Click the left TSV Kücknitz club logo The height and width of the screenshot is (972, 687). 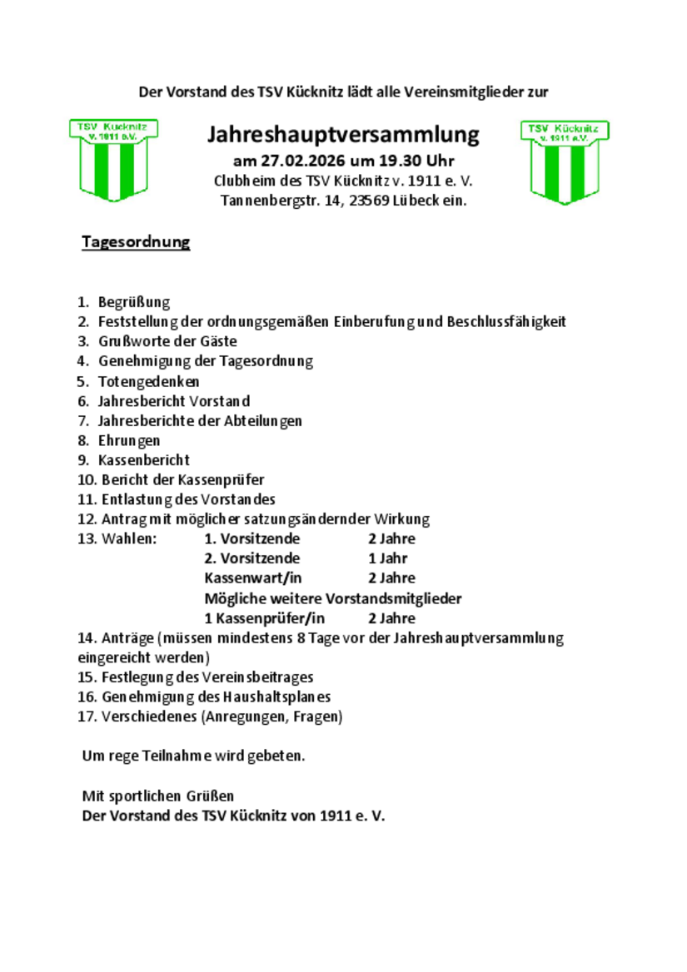point(112,160)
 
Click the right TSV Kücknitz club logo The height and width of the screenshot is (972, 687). point(565,161)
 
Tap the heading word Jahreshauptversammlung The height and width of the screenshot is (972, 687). point(343,134)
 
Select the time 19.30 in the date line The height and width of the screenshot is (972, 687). point(391,161)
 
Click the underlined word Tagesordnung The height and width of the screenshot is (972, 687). point(136,242)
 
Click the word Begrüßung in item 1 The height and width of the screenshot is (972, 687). point(134,302)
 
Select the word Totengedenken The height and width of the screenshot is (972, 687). point(148,381)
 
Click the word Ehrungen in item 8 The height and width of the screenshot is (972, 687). point(129,440)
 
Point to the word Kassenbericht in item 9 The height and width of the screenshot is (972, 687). point(144,460)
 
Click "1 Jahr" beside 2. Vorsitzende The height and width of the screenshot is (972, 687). point(387,558)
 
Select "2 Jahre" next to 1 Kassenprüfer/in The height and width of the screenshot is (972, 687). point(391,618)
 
